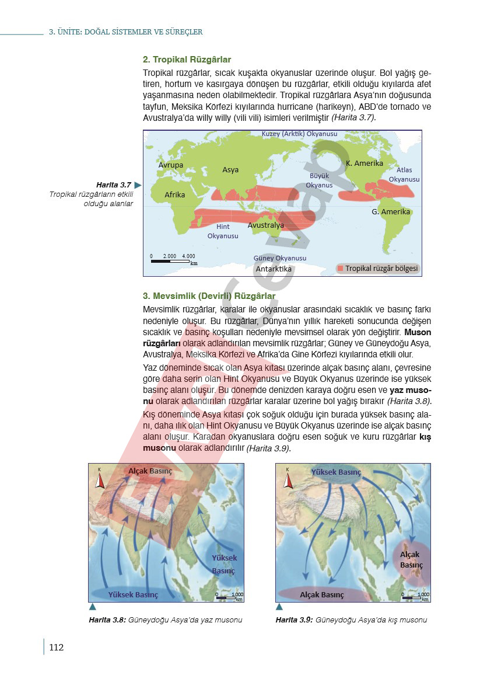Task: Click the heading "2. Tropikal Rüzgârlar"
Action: [187, 60]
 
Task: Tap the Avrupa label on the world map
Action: [171, 165]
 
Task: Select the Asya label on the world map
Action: [230, 170]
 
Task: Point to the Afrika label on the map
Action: [175, 194]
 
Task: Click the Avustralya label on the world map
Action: [265, 225]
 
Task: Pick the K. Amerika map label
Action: [365, 163]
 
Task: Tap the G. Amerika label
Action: [391, 211]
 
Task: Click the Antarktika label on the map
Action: [274, 269]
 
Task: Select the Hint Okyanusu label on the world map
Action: [223, 231]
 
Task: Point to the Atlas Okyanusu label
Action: [404, 175]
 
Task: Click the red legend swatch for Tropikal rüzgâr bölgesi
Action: [339, 269]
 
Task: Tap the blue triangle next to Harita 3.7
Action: [138, 185]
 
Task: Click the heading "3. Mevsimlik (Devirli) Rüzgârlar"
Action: [209, 296]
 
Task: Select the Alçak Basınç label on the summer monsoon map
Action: [150, 471]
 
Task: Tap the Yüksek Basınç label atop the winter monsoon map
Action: [337, 472]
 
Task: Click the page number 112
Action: [56, 647]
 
